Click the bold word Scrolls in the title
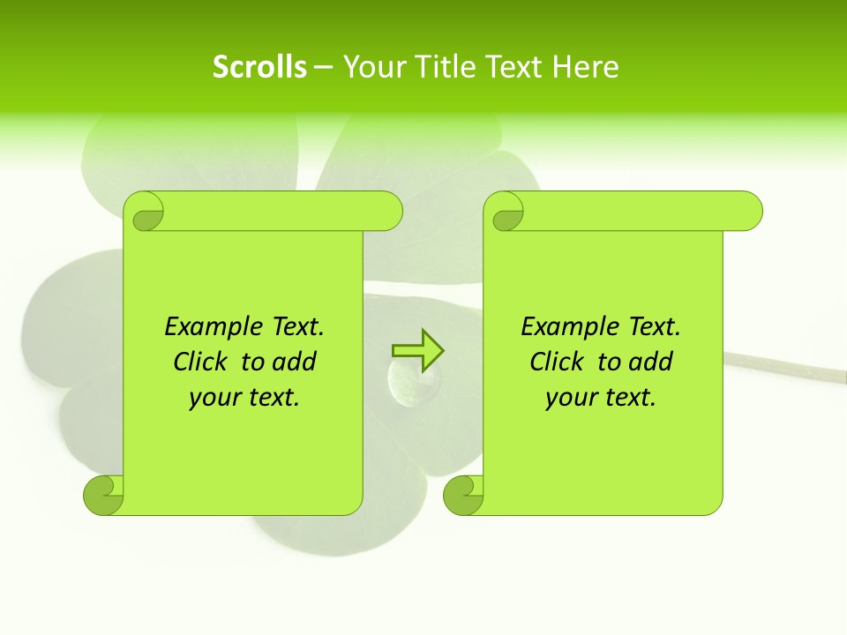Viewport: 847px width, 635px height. (259, 67)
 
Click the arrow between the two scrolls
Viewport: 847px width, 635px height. (417, 350)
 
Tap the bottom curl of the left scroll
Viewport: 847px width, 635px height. (103, 495)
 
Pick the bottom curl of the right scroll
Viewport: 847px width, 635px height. (463, 495)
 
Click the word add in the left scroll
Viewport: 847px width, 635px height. (293, 362)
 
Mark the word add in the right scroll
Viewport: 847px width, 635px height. (649, 362)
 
